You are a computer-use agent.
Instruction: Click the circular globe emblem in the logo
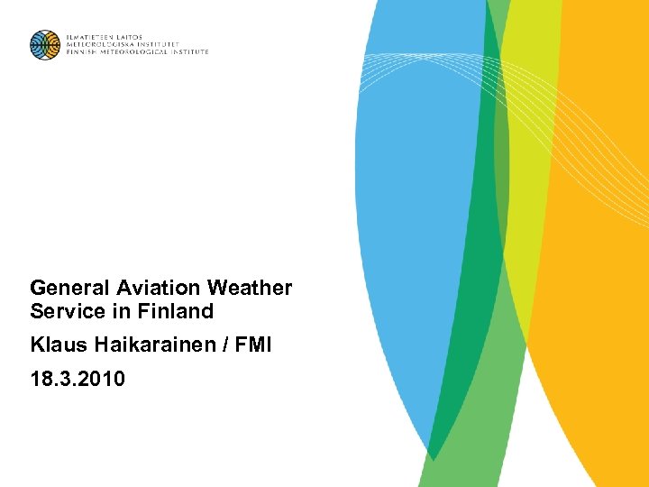(x=44, y=44)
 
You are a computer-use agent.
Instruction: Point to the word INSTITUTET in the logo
(x=160, y=44)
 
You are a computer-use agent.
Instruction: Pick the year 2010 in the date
(x=100, y=379)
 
